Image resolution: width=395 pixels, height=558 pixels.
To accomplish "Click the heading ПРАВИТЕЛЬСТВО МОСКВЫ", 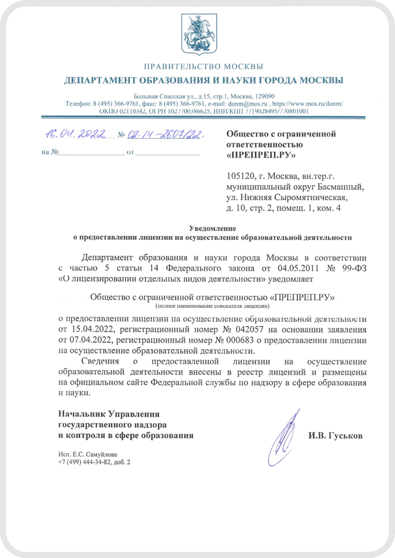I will coord(204,67).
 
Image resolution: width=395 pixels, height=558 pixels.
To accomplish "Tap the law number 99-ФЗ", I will coord(351,268).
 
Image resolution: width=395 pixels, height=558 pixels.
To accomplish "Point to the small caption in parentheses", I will coord(212,306).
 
